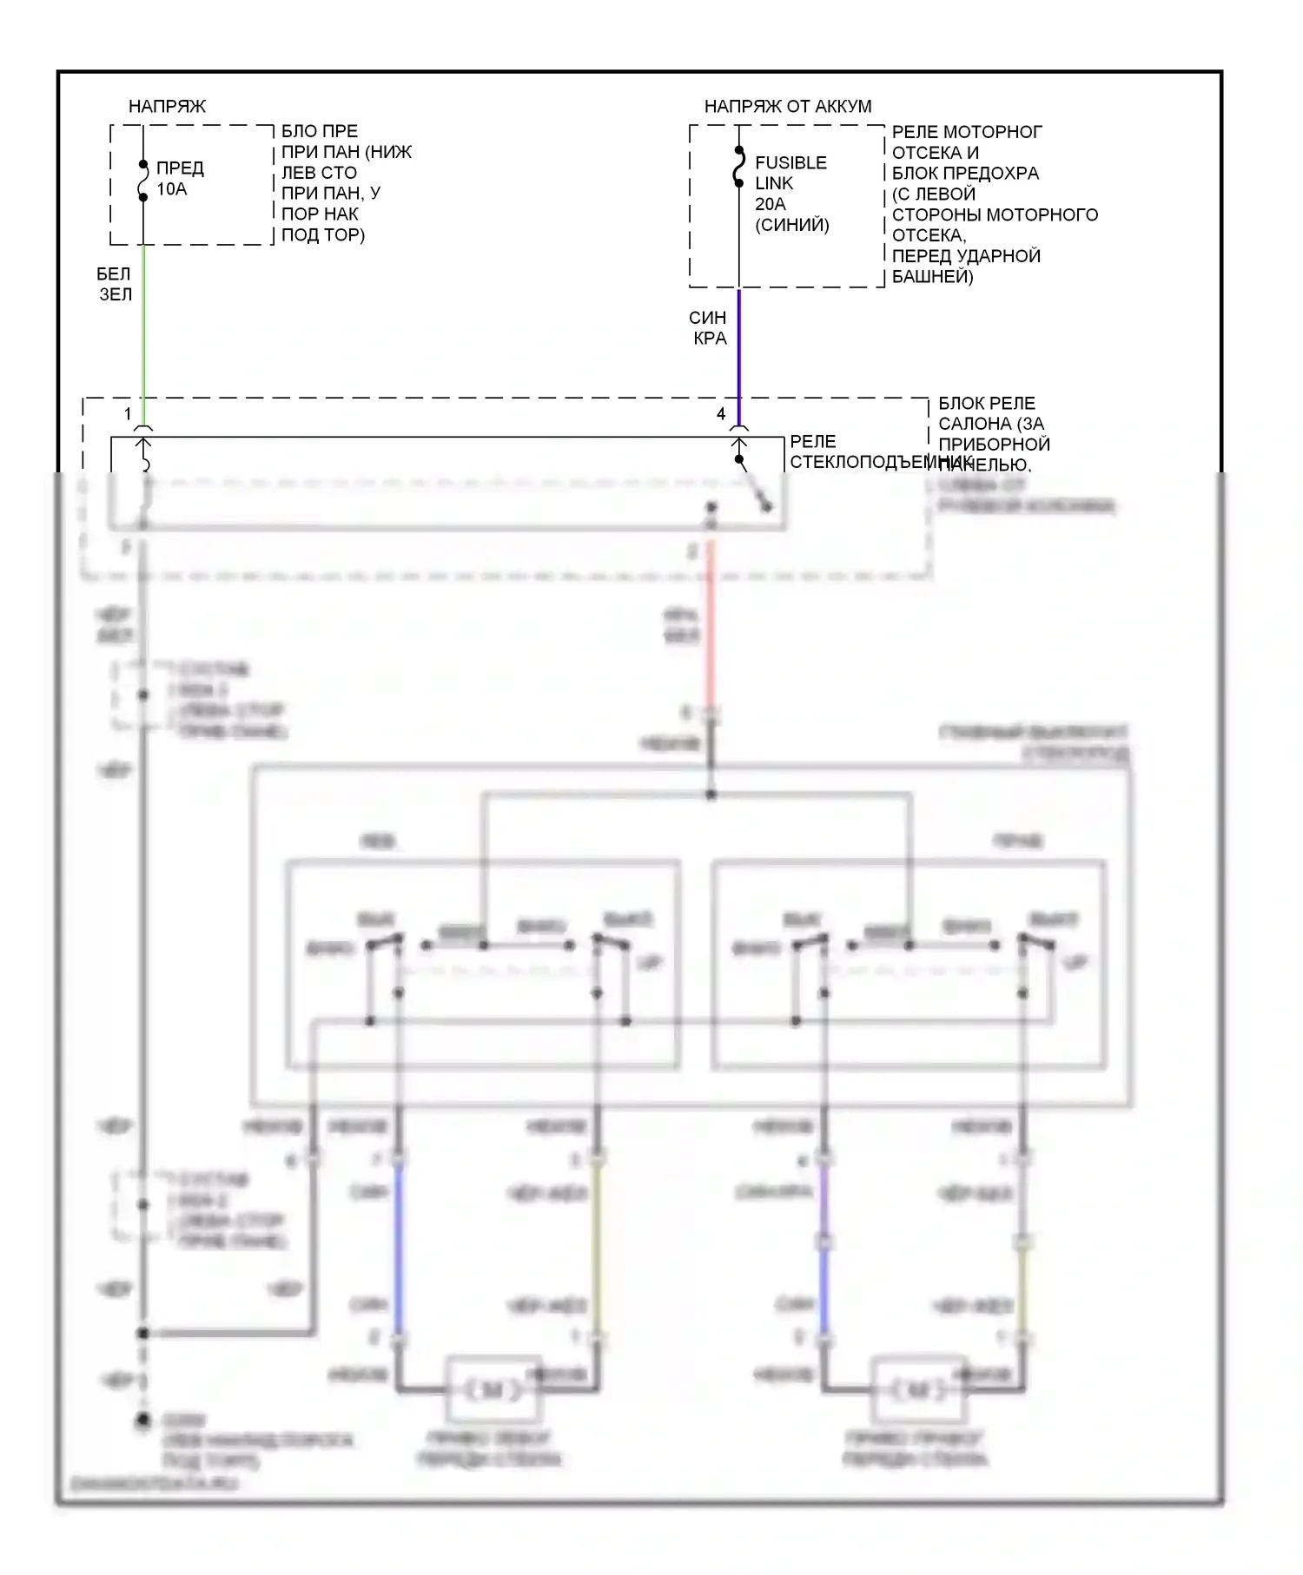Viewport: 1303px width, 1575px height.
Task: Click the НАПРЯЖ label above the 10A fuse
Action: click(167, 106)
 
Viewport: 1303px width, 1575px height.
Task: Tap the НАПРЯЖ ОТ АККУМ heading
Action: click(787, 106)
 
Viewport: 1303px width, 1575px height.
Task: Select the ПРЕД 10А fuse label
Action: click(179, 178)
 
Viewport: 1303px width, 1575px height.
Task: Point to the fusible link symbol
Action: click(738, 167)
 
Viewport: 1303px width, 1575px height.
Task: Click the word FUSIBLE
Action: click(790, 162)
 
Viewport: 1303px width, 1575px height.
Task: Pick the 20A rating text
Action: click(770, 204)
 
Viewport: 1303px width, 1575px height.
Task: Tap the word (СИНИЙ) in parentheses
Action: click(791, 225)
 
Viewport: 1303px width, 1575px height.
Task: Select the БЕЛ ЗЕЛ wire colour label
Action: click(115, 284)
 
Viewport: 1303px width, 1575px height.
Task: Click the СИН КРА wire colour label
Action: click(708, 328)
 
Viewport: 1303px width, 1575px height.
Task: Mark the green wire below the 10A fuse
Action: click(143, 330)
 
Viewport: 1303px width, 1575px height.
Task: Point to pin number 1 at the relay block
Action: click(128, 413)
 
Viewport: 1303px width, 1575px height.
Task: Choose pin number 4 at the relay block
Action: click(720, 413)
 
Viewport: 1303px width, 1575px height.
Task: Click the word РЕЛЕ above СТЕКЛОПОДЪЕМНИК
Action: click(812, 441)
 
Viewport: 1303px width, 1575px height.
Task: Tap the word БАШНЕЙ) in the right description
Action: click(932, 276)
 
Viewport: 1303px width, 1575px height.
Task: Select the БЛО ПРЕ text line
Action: click(319, 131)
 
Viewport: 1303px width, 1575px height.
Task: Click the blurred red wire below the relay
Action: click(711, 625)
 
